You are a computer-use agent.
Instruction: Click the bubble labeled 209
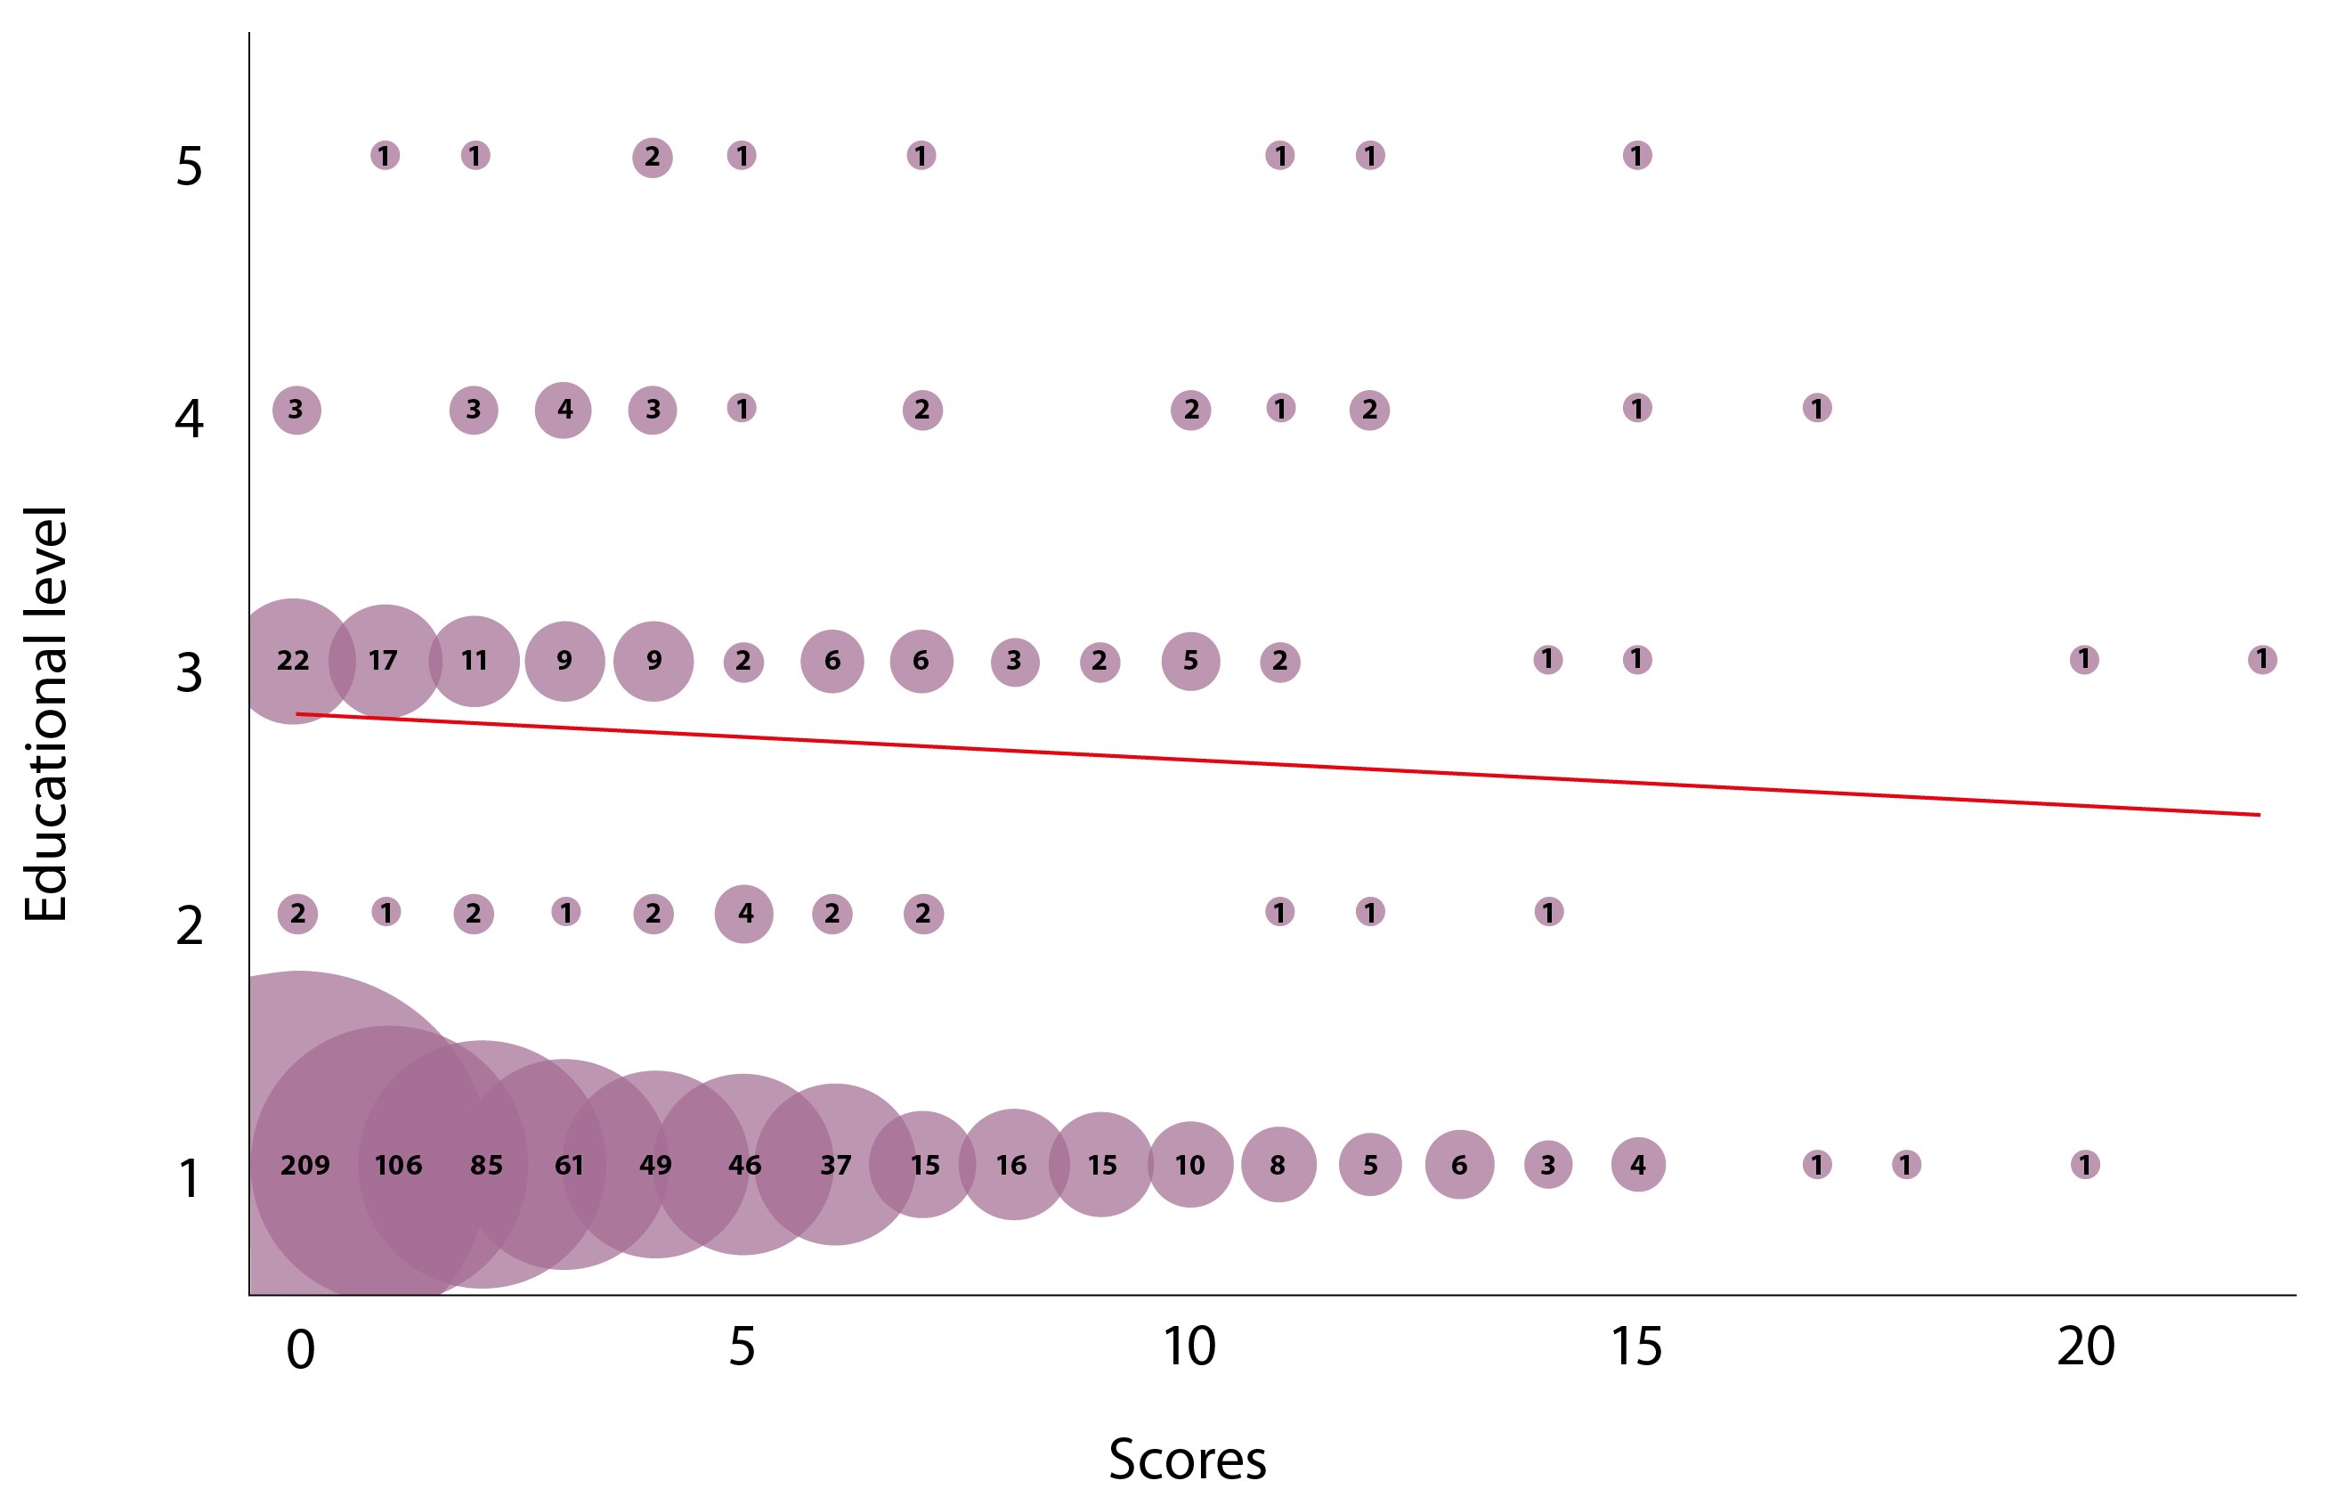(304, 1165)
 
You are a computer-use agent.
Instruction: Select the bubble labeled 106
(398, 1165)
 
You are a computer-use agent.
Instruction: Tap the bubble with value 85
(485, 1165)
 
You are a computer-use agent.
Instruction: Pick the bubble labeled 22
(292, 661)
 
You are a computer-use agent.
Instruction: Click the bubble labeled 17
(384, 661)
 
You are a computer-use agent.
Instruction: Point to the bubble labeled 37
(835, 1165)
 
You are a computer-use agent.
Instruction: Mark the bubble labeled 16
(1012, 1165)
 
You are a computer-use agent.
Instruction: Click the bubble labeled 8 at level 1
(1278, 1165)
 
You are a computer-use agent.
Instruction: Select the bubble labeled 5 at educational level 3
(1190, 661)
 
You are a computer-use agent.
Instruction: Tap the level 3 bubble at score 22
(2262, 660)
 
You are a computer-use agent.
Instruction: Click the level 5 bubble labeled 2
(653, 157)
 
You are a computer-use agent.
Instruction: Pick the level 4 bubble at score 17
(1817, 408)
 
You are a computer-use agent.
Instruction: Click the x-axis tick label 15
(1636, 1347)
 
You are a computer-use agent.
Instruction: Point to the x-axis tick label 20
(2085, 1347)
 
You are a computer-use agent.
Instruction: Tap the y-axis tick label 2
(190, 926)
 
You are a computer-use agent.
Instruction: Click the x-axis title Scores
(1188, 1459)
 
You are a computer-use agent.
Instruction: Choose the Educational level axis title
(45, 714)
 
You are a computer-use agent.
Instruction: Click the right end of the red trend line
(2260, 815)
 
